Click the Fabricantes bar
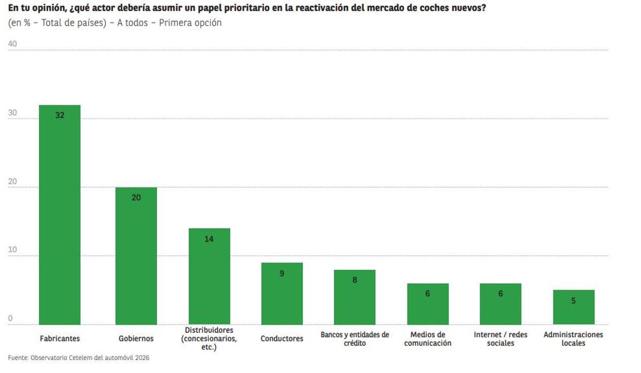click(x=60, y=214)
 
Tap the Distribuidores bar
click(x=209, y=276)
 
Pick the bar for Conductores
click(x=282, y=293)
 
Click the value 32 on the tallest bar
click(x=60, y=114)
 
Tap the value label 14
click(x=209, y=239)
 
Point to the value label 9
click(x=282, y=273)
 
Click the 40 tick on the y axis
click(x=13, y=44)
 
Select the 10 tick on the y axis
click(x=13, y=250)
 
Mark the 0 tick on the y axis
click(x=11, y=318)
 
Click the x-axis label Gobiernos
click(x=136, y=338)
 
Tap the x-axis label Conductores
click(x=282, y=338)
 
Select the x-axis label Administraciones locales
click(x=573, y=339)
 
